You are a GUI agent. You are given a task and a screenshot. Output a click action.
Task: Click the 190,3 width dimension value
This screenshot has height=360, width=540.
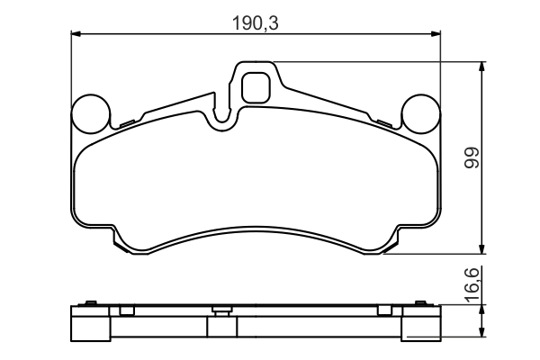(x=256, y=22)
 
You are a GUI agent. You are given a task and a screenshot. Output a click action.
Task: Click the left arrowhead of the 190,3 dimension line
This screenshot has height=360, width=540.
(x=76, y=34)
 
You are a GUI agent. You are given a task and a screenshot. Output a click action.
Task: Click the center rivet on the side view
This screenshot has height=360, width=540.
(x=218, y=311)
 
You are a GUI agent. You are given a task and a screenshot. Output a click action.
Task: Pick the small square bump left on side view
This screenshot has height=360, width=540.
(x=126, y=310)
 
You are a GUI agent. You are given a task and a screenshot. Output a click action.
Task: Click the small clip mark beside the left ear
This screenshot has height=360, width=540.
(x=127, y=121)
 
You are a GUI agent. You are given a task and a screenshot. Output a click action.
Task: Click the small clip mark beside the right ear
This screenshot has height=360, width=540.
(x=383, y=121)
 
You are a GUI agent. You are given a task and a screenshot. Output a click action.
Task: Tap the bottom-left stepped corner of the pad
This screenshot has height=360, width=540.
(x=120, y=241)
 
